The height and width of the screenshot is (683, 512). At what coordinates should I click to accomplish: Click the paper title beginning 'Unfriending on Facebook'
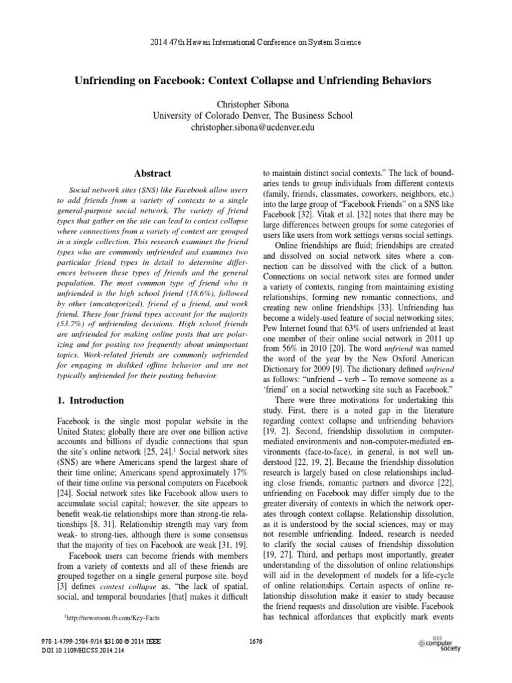pos(256,80)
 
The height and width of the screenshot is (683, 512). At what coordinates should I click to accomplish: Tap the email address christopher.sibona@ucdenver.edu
pos(256,127)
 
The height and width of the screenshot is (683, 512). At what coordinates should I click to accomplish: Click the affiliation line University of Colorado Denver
pos(256,115)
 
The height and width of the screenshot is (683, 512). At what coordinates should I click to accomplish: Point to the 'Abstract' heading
pos(153,173)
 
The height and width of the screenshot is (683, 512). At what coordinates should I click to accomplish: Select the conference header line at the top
pos(256,42)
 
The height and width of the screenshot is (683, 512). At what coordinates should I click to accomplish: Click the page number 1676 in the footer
pos(256,641)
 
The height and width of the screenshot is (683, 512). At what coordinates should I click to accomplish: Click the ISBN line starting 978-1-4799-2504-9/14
pos(101,641)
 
